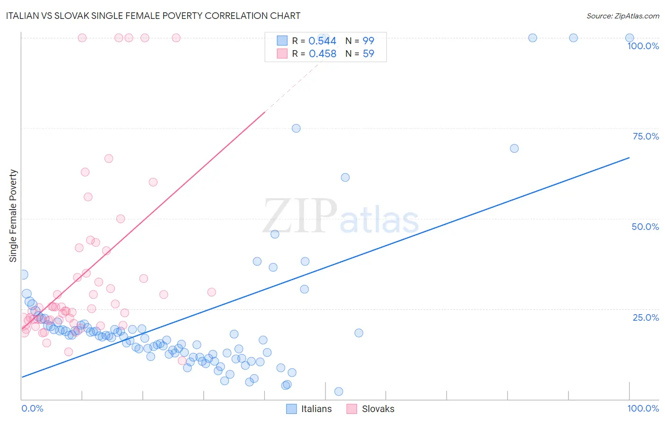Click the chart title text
[153, 16]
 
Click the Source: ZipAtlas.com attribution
[622, 16]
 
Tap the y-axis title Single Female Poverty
[13, 216]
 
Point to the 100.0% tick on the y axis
[643, 46]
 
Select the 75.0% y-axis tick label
[646, 136]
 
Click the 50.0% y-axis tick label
[645, 227]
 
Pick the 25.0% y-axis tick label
[646, 317]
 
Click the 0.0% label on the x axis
[32, 408]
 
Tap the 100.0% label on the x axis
[643, 408]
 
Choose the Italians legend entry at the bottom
[309, 409]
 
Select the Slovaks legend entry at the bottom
[370, 409]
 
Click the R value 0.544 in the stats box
[322, 41]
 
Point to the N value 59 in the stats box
[368, 54]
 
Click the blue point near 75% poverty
[296, 128]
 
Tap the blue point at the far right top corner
[630, 38]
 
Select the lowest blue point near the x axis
[339, 391]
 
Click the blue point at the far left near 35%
[23, 274]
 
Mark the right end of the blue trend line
[629, 158]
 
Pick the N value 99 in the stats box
[368, 41]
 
